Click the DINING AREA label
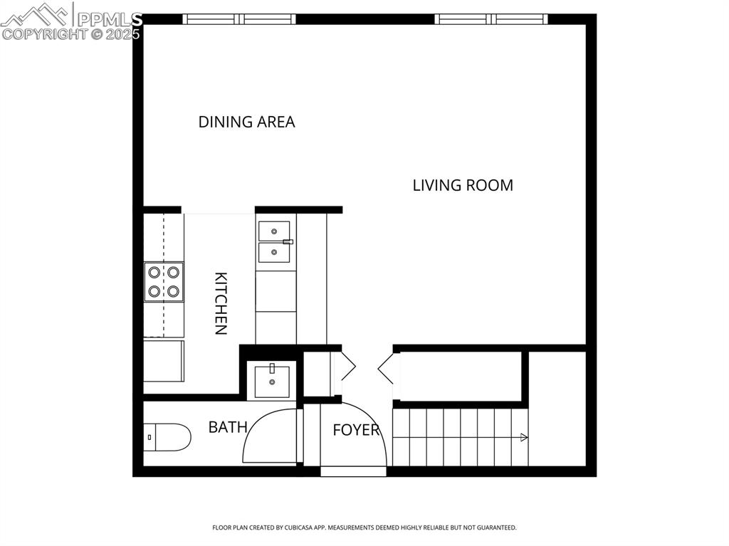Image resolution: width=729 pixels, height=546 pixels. [246, 122]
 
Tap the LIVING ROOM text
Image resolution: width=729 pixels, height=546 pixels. [463, 185]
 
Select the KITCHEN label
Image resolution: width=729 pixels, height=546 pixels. [221, 303]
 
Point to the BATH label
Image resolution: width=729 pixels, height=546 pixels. [228, 427]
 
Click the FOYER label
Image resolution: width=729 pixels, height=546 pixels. [356, 431]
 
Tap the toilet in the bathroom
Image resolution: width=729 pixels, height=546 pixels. [168, 437]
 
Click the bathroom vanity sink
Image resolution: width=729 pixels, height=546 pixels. [272, 381]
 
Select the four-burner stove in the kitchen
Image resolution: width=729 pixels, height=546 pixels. [163, 281]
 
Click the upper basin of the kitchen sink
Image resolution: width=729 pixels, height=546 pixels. [274, 231]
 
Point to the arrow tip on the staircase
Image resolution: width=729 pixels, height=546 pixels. [525, 438]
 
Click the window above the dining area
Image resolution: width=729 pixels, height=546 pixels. [239, 19]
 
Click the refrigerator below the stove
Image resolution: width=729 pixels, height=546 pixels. [163, 361]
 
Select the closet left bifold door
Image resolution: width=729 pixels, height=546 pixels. [348, 366]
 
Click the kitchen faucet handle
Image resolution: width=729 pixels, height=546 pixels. [288, 242]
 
